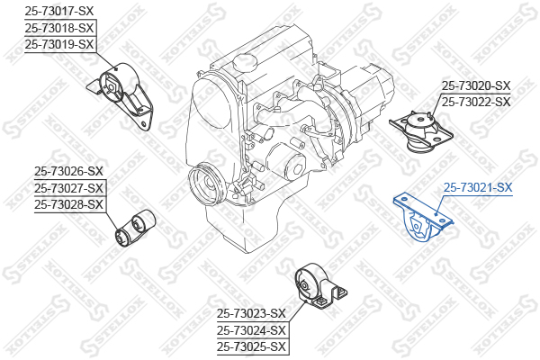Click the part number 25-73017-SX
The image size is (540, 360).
(58, 12)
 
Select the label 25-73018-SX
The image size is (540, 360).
(58, 28)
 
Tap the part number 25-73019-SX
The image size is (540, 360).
(58, 44)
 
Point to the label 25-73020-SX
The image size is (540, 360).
(476, 85)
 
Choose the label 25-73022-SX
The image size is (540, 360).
(476, 102)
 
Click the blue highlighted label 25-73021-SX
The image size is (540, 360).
(478, 187)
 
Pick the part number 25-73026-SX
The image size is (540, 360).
(68, 171)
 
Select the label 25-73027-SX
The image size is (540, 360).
(68, 188)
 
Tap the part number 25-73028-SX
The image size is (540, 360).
(68, 204)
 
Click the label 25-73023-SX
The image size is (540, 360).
(251, 313)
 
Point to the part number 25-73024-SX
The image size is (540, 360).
(251, 330)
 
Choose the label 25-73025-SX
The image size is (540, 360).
(251, 346)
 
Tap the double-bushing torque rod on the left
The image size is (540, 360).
(135, 228)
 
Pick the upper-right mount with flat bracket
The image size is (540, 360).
(421, 131)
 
